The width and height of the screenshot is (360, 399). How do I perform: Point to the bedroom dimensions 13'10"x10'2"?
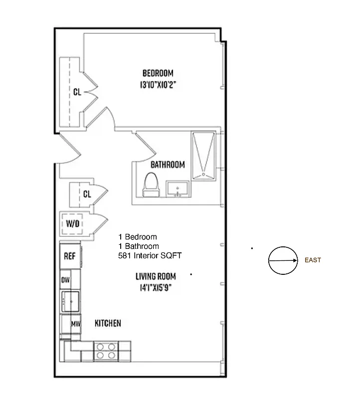point(158,85)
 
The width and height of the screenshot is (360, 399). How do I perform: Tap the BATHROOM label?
point(168,165)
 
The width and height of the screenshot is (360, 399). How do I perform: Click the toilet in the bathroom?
point(150,184)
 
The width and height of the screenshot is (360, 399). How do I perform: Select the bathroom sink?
point(178,190)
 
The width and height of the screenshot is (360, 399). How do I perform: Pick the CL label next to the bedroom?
point(77,92)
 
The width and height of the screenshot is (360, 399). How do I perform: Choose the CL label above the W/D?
point(87,194)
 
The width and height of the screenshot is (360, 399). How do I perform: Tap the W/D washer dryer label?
point(73,223)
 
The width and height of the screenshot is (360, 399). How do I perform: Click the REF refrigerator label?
point(69,256)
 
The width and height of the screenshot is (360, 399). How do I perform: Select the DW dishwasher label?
point(66,280)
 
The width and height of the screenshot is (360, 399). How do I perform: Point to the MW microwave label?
point(75,324)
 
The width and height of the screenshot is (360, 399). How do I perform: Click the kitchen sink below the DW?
point(69,301)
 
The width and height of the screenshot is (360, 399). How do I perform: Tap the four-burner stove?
point(105,351)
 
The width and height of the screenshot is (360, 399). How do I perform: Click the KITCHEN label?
point(108,323)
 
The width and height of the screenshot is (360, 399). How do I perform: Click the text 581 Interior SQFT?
point(150,255)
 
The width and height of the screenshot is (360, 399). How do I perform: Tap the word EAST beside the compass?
point(313,260)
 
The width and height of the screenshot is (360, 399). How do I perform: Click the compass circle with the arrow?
point(282,260)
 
